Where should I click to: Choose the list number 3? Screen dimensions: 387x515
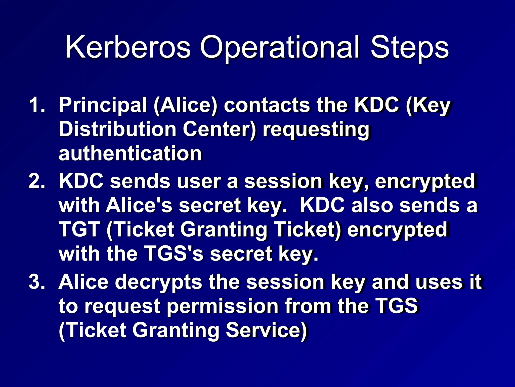pyautogui.click(x=37, y=282)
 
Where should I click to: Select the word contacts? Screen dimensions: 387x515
pyautogui.click(x=267, y=105)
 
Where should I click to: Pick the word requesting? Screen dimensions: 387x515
pyautogui.click(x=316, y=130)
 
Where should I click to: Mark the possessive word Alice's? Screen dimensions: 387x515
pyautogui.click(x=139, y=205)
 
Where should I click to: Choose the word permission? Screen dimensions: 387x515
pyautogui.click(x=223, y=306)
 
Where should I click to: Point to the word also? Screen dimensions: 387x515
pyautogui.click(x=372, y=205)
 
